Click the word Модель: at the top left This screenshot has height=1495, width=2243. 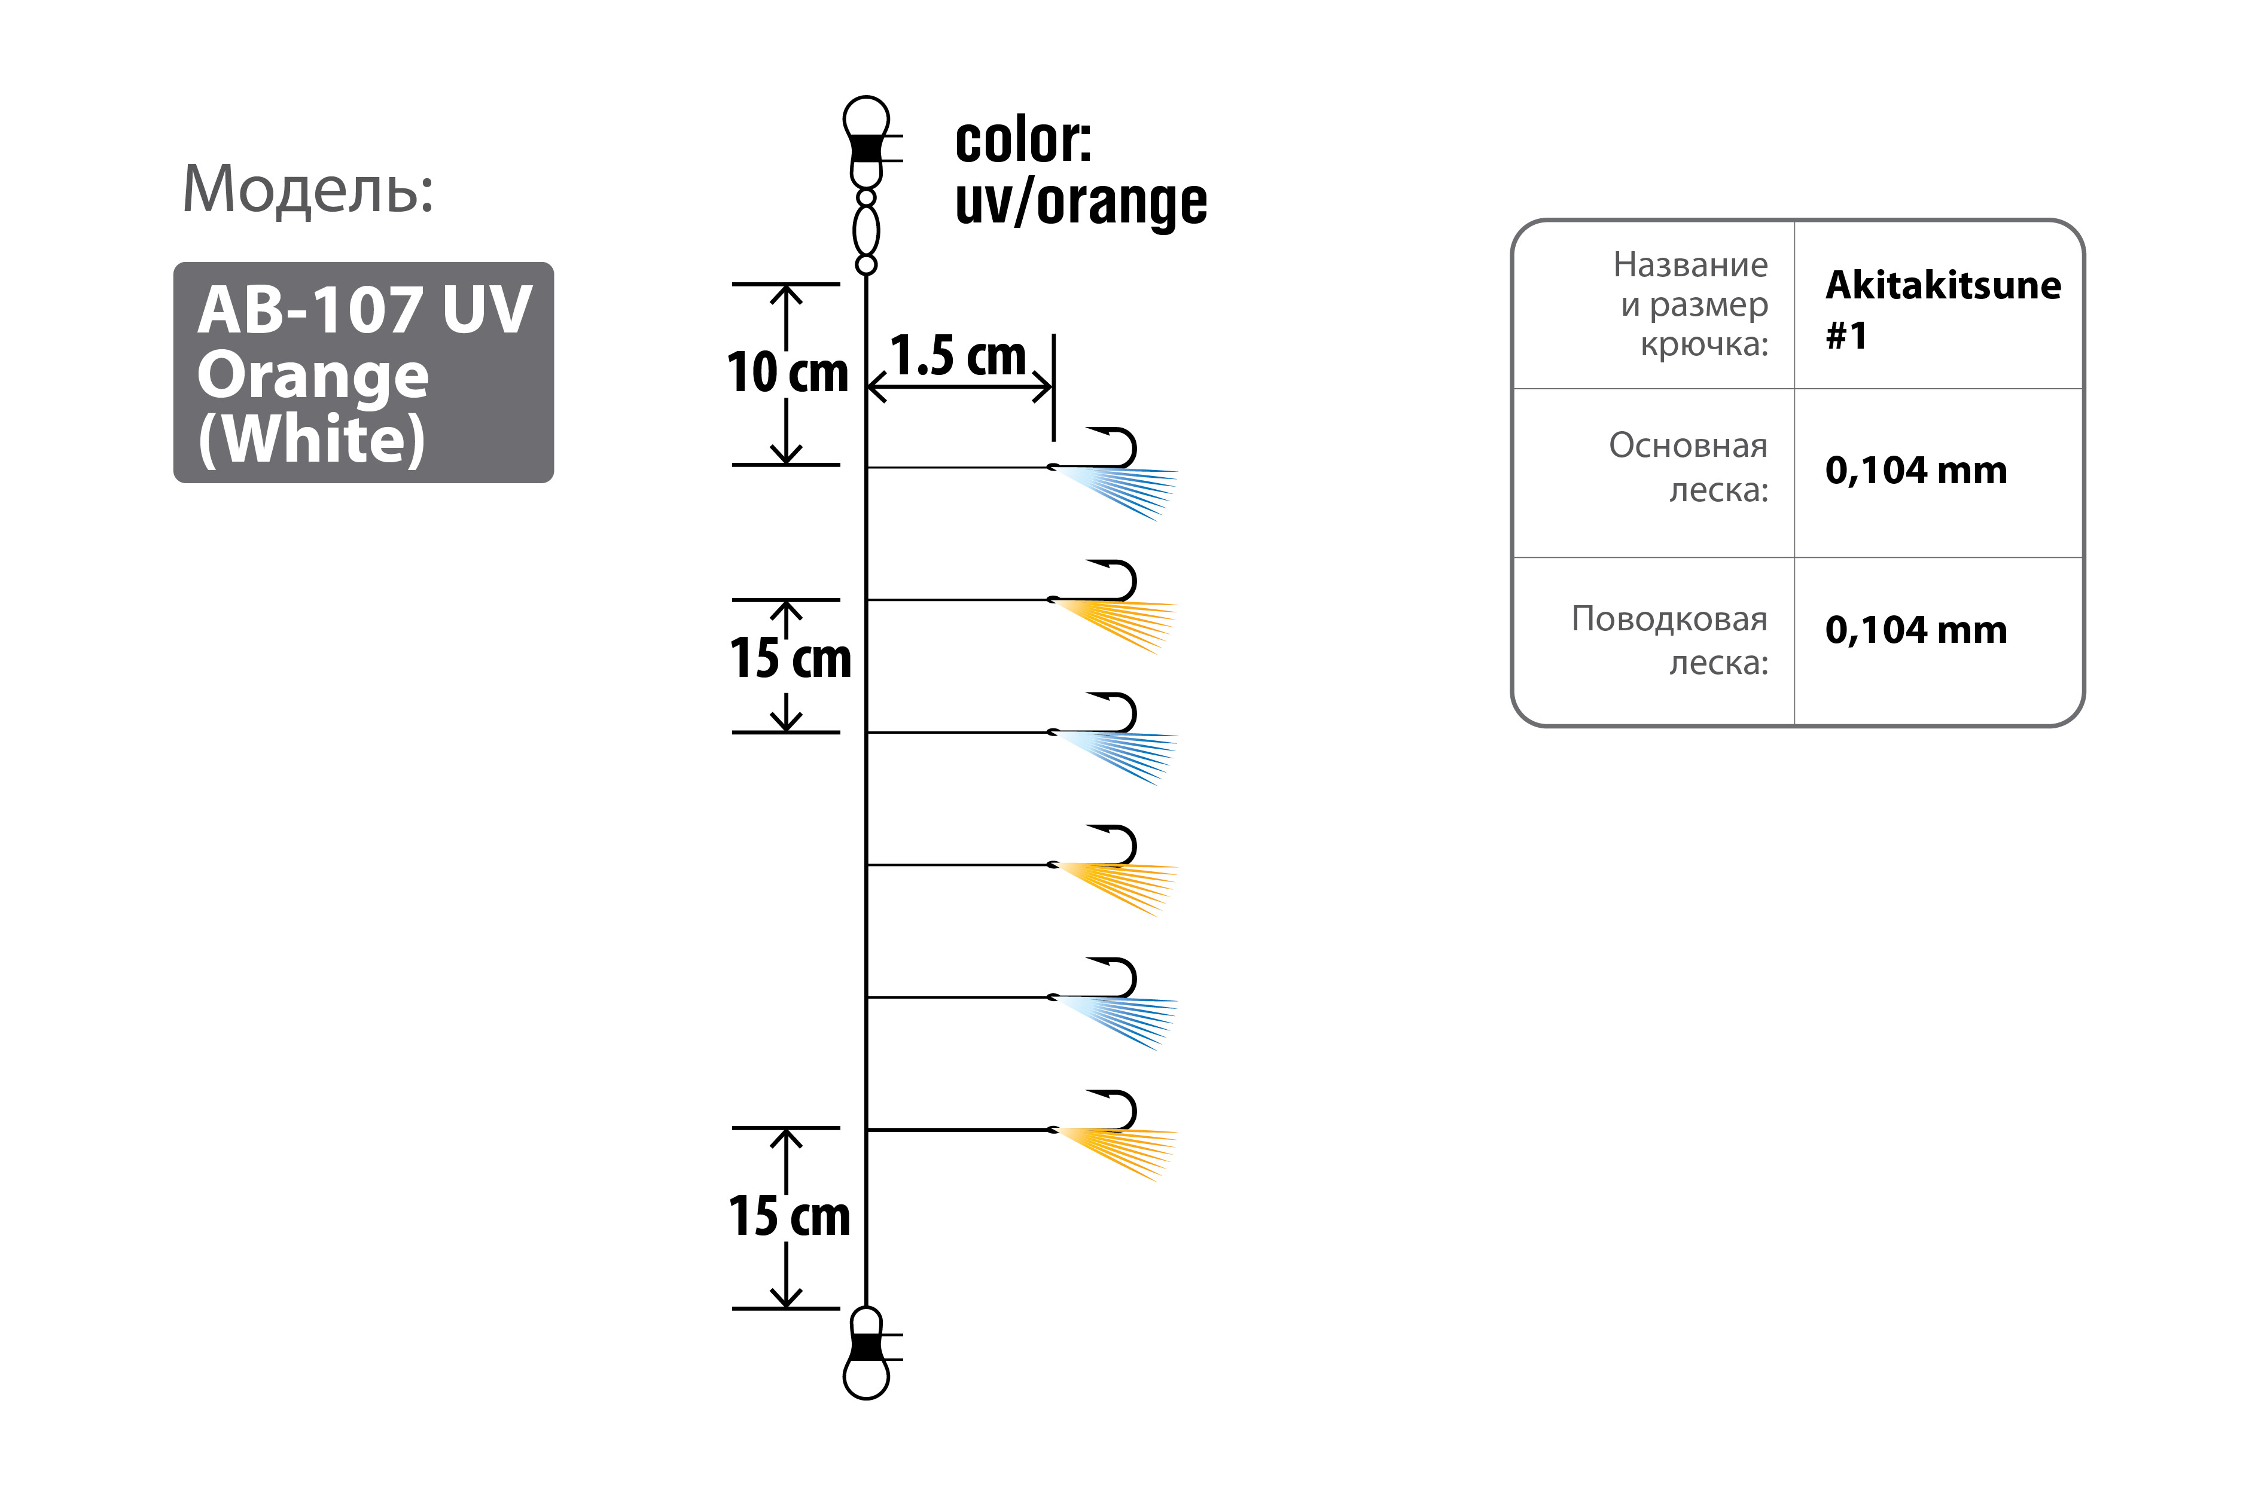[x=308, y=189]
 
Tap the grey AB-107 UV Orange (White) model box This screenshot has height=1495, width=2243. [x=363, y=372]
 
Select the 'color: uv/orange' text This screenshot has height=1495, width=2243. [x=1080, y=173]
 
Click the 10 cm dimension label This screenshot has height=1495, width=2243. [x=788, y=372]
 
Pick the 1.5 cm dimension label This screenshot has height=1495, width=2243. [x=958, y=356]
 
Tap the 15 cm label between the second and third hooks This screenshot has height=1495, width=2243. [x=790, y=658]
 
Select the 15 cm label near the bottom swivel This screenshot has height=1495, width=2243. [x=790, y=1216]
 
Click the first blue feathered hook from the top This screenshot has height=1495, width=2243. [x=1114, y=474]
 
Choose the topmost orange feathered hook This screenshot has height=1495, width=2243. [x=1114, y=606]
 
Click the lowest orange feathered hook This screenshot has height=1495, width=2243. [x=1114, y=1137]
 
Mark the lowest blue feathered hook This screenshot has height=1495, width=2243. [x=1114, y=1004]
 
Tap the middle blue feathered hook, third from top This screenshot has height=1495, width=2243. [x=1114, y=739]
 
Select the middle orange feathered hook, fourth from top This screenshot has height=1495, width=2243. [x=1114, y=871]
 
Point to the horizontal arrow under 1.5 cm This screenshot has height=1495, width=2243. [x=961, y=387]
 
